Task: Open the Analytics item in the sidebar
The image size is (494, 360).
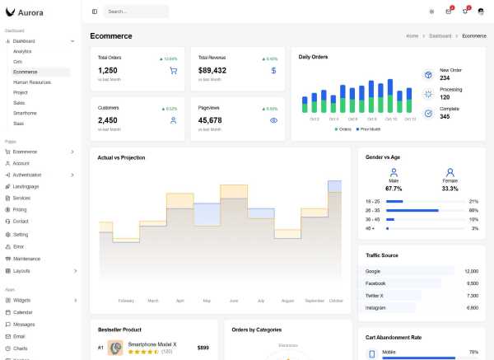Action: pos(22,51)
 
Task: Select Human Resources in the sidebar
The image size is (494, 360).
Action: pos(32,82)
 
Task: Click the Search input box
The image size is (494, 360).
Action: pos(136,12)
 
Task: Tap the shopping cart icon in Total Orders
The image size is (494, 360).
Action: pos(173,71)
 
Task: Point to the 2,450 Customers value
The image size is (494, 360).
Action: pos(108,120)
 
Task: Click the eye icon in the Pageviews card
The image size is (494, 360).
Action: pos(273,120)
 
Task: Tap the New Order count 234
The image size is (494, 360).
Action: pos(445,77)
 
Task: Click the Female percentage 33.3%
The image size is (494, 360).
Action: pos(450,189)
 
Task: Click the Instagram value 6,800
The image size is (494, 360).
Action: pos(472,307)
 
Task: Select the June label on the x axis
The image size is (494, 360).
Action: pos(234,301)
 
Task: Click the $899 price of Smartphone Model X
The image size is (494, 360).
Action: pos(203,348)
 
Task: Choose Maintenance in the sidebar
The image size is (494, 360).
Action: pos(26,259)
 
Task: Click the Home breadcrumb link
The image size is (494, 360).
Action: pos(412,36)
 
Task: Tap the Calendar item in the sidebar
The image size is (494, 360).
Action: pos(22,312)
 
